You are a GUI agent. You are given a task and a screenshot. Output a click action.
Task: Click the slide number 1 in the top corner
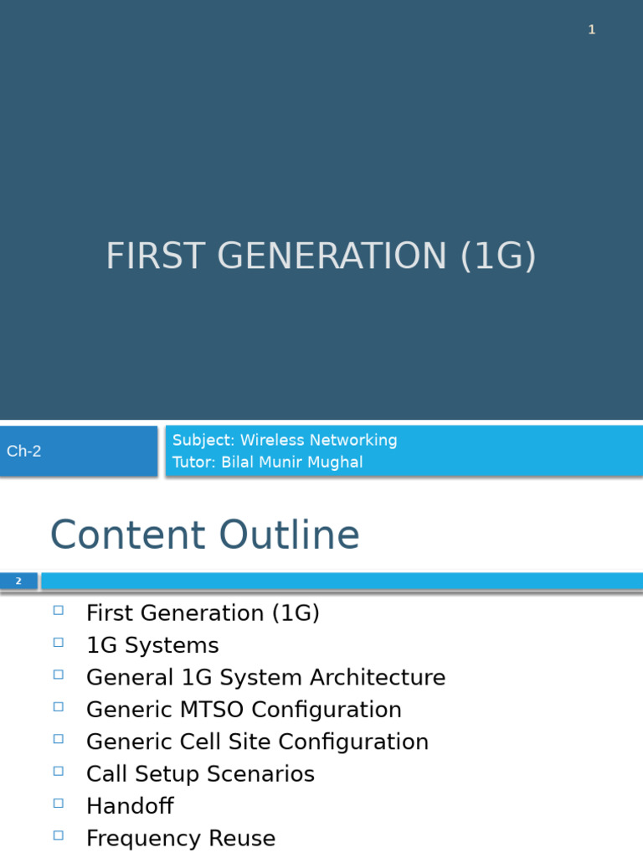(x=591, y=30)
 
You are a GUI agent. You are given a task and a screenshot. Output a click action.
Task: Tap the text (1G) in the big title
(x=498, y=256)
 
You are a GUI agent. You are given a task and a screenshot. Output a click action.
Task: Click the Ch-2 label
(x=24, y=451)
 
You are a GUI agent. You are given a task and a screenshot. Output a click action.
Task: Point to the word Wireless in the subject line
(x=271, y=441)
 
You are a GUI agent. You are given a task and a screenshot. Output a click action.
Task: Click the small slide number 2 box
(x=18, y=581)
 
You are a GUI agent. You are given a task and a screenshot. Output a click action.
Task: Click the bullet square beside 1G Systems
(x=58, y=643)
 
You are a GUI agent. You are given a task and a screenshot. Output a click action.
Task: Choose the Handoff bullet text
(x=130, y=806)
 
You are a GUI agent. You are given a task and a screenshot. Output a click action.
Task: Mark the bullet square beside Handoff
(x=58, y=804)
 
